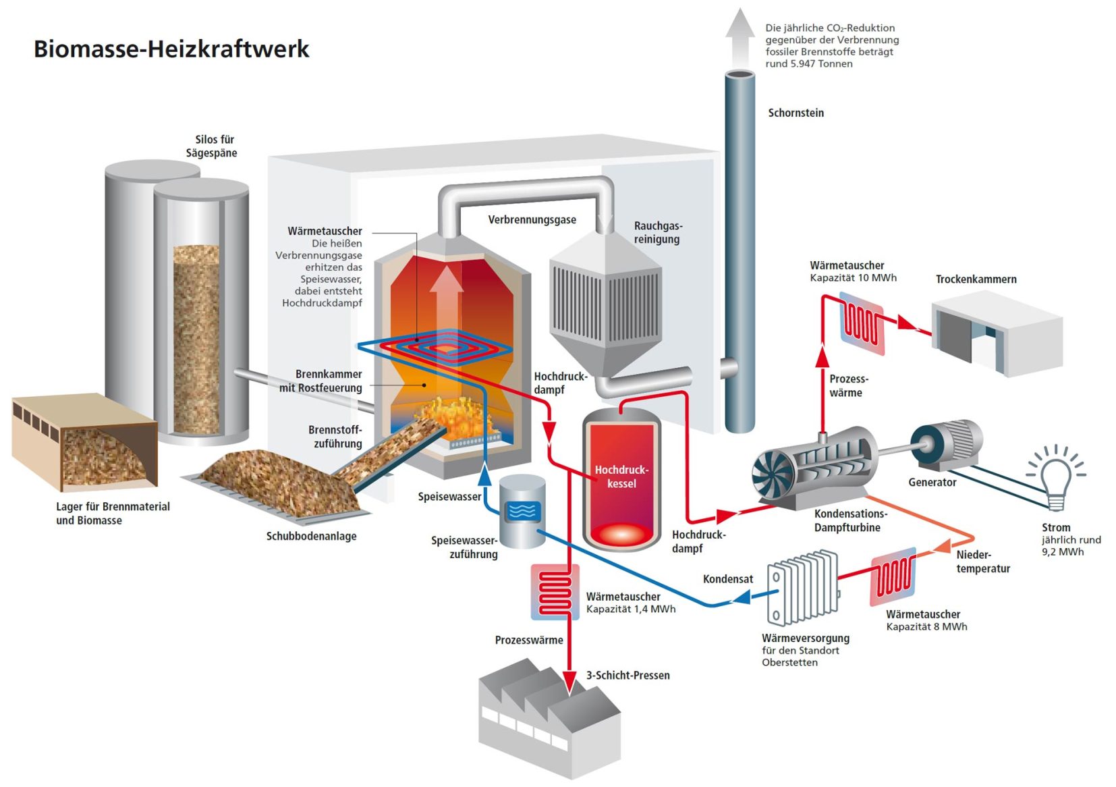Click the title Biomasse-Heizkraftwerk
click(x=171, y=49)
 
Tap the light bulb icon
click(x=1055, y=478)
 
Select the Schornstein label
click(x=796, y=113)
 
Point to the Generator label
click(x=932, y=482)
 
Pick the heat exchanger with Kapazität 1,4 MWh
click(x=555, y=592)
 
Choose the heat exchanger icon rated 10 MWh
click(x=862, y=323)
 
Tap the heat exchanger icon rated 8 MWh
click(x=893, y=577)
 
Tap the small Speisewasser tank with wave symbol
click(x=522, y=511)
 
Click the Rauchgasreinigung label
click(x=657, y=232)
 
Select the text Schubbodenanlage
click(x=311, y=536)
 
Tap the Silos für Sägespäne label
click(x=212, y=146)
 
